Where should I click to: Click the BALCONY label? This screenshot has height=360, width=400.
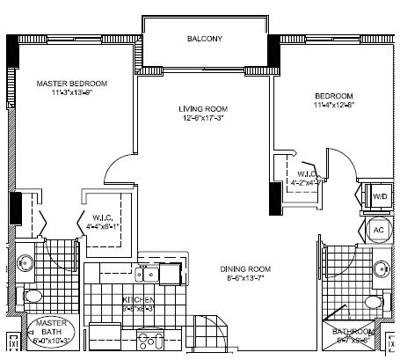(x=205, y=39)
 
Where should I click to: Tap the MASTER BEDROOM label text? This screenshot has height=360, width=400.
(x=72, y=84)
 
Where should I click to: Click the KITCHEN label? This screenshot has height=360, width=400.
(x=139, y=300)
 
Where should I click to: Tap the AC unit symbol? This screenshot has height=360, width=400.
(x=379, y=229)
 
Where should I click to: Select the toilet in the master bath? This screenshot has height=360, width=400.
(x=30, y=294)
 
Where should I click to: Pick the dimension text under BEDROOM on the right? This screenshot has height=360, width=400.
(x=335, y=107)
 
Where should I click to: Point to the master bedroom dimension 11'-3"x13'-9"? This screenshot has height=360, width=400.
(x=72, y=93)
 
